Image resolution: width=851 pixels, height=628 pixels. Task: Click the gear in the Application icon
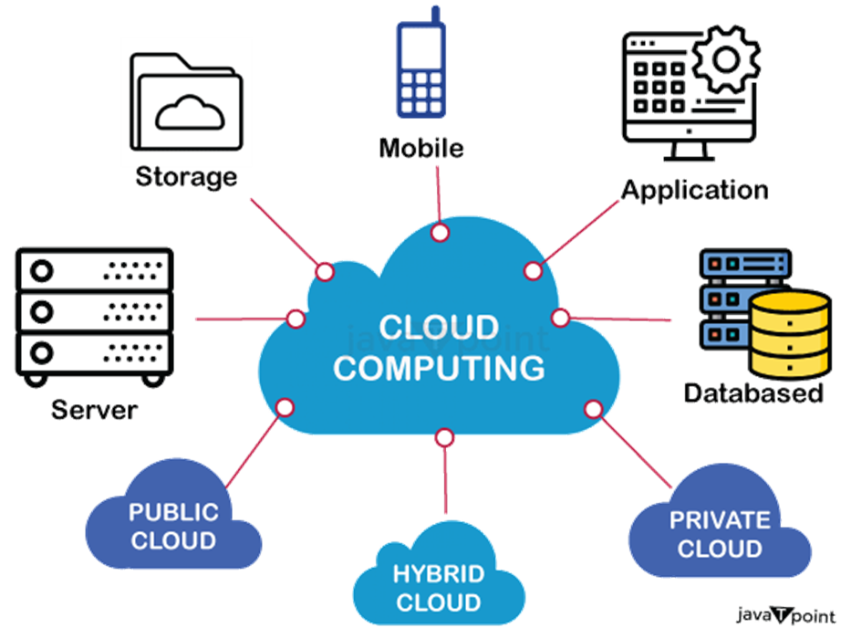click(726, 58)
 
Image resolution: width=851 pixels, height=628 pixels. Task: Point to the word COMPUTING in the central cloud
click(439, 368)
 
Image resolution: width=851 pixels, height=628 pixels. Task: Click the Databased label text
click(754, 393)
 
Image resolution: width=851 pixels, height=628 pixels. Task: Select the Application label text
click(694, 189)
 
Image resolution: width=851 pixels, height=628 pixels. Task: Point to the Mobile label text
click(422, 148)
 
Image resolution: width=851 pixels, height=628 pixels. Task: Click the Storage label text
click(187, 175)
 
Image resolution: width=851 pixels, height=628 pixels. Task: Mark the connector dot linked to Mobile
click(440, 234)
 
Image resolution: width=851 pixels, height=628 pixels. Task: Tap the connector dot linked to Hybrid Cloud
click(444, 438)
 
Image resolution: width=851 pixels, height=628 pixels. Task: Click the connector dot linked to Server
click(296, 319)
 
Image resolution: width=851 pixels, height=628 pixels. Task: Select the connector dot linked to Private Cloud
click(593, 408)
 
